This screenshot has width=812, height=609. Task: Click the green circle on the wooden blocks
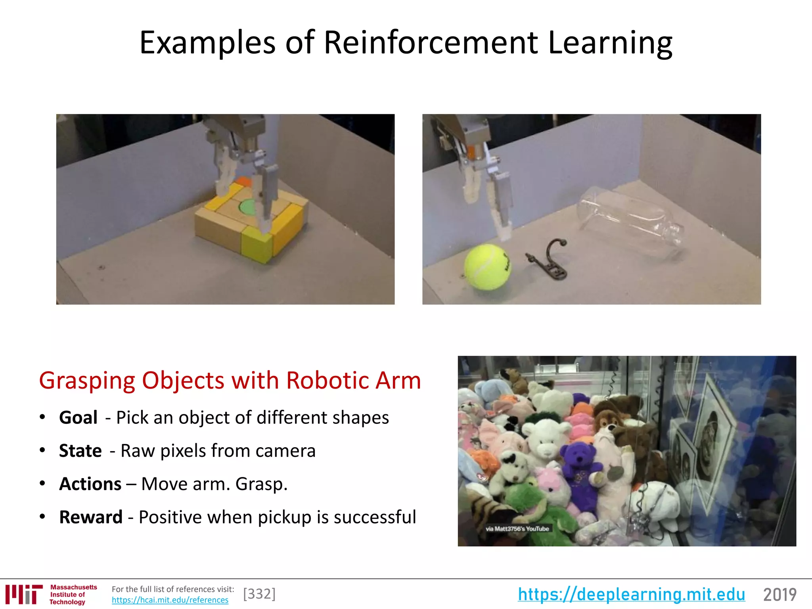248,207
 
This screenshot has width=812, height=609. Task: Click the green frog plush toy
523,504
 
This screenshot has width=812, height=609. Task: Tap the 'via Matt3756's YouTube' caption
517,529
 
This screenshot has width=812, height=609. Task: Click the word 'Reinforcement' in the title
431,42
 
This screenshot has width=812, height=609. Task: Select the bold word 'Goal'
78,417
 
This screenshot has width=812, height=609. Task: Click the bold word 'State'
80,451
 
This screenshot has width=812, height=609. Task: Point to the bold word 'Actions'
90,484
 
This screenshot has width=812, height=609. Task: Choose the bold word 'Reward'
91,517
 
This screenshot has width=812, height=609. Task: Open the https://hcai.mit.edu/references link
170,600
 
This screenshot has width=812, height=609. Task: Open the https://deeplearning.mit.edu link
631,594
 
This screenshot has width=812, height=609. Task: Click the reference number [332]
259,594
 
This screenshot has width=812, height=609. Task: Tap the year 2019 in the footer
779,594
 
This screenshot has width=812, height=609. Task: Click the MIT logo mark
24,594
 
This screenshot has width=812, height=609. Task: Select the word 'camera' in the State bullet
285,451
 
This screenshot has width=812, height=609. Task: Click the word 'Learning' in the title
610,42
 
